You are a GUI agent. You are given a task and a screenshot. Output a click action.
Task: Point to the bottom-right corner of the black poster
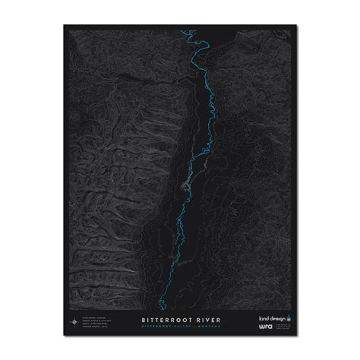coord(296,333)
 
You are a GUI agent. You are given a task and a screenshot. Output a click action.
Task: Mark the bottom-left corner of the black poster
coord(63,333)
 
